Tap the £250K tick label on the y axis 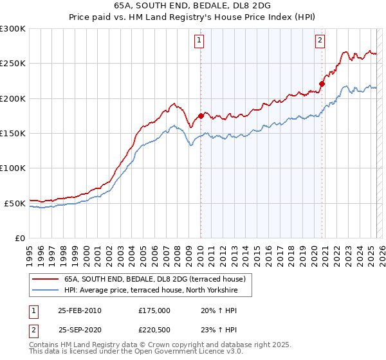[13, 64]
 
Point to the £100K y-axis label [13, 168]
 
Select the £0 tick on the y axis [19, 238]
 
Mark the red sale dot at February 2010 [201, 116]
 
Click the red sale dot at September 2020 [322, 84]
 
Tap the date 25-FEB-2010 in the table [80, 310]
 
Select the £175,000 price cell [154, 310]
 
